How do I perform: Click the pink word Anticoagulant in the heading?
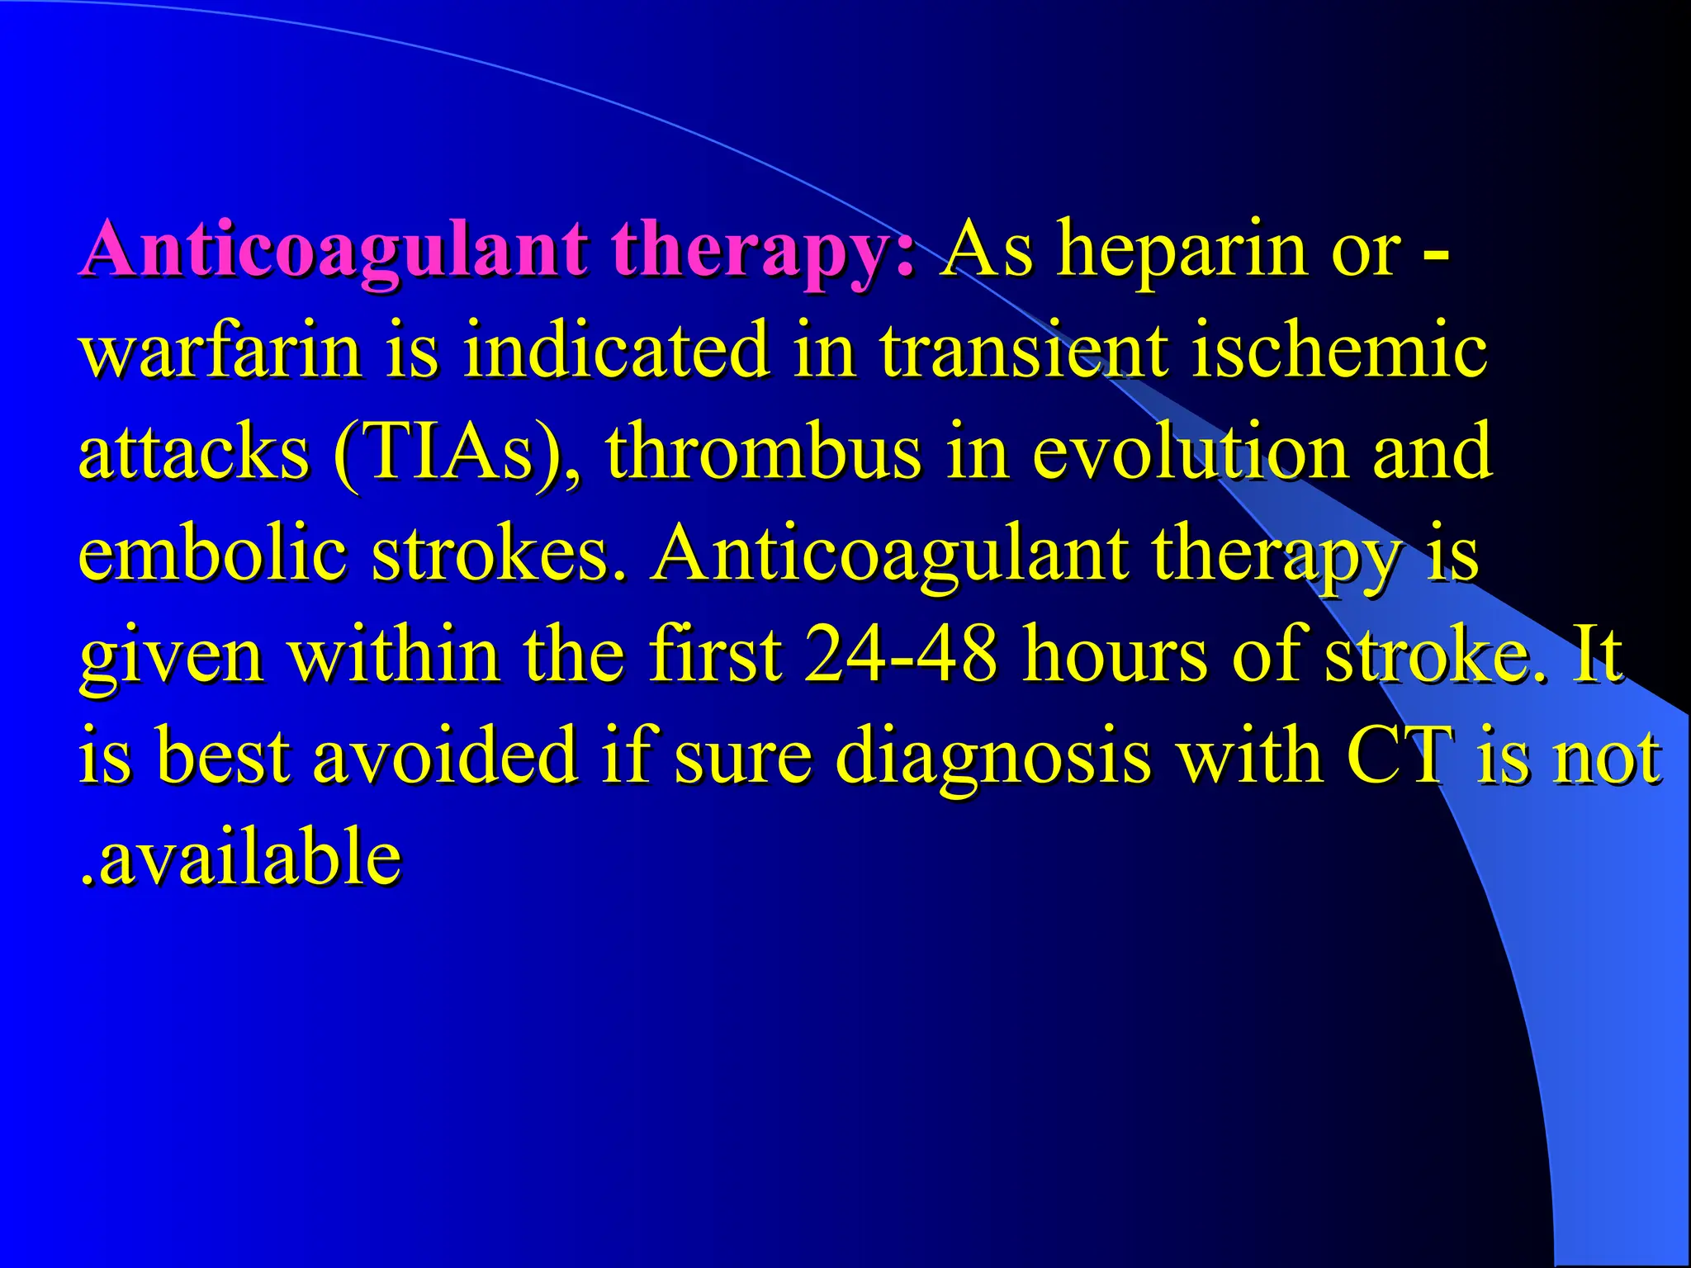click(x=334, y=249)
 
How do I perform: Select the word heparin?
click(x=1182, y=249)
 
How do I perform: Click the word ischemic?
click(x=1338, y=352)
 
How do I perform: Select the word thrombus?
click(x=763, y=452)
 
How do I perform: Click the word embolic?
click(x=212, y=554)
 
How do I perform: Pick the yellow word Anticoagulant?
click(x=888, y=554)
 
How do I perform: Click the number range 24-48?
click(x=901, y=655)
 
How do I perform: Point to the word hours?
click(x=1115, y=655)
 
